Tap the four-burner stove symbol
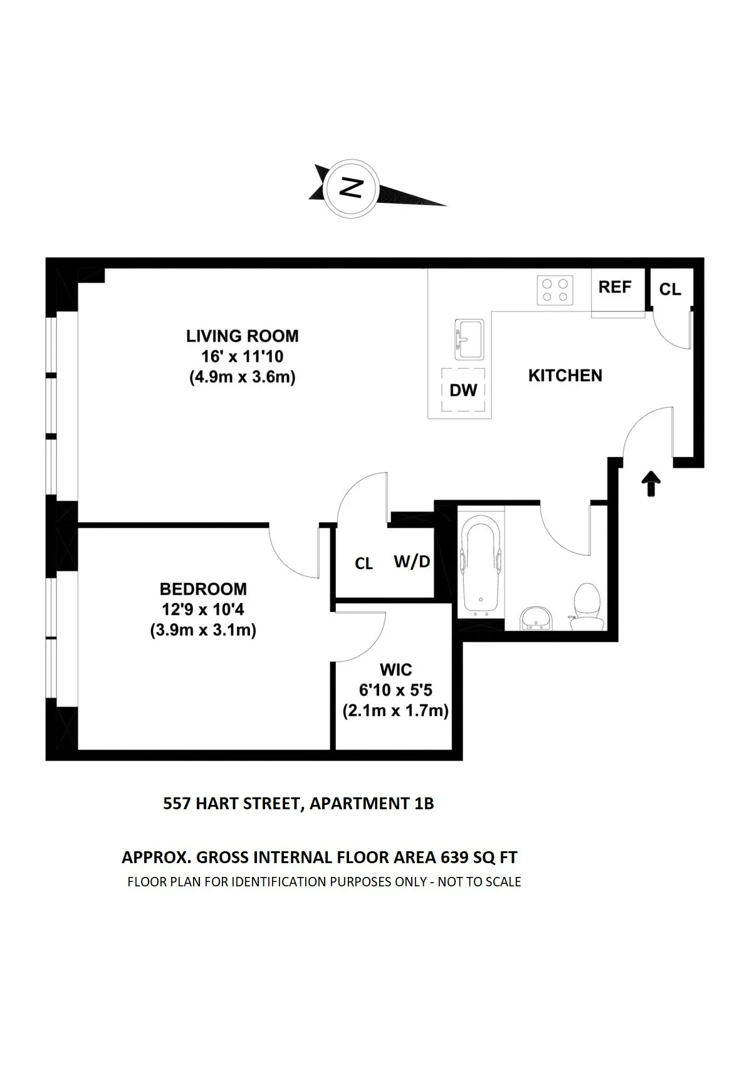click(555, 290)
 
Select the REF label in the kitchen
click(614, 287)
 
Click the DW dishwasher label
click(464, 391)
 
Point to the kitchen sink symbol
click(469, 339)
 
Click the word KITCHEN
click(565, 375)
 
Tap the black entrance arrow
click(652, 483)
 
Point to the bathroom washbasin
click(536, 617)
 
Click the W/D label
click(412, 562)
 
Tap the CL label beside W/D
click(363, 564)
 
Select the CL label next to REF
click(670, 289)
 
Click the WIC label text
click(395, 669)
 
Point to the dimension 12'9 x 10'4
click(203, 609)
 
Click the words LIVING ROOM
click(242, 336)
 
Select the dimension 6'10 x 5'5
click(395, 690)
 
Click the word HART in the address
click(217, 803)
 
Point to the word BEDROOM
click(203, 589)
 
